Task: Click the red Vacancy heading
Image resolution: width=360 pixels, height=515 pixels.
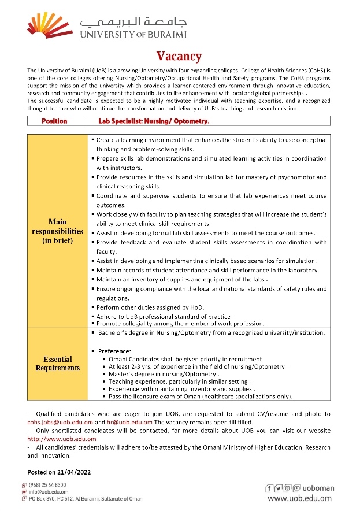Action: tap(180, 56)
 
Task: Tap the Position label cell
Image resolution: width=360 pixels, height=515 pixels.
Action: tap(55, 121)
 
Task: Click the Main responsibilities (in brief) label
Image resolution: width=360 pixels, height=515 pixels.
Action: tap(57, 231)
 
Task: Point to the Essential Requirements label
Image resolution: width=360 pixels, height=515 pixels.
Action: tap(57, 364)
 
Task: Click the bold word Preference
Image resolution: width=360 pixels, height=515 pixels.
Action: tap(114, 351)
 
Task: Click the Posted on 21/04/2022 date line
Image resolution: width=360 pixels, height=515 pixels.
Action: tap(60, 472)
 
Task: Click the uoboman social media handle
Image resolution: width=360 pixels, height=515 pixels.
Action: tap(318, 488)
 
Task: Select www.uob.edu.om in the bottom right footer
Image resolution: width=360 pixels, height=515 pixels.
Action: tap(300, 498)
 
